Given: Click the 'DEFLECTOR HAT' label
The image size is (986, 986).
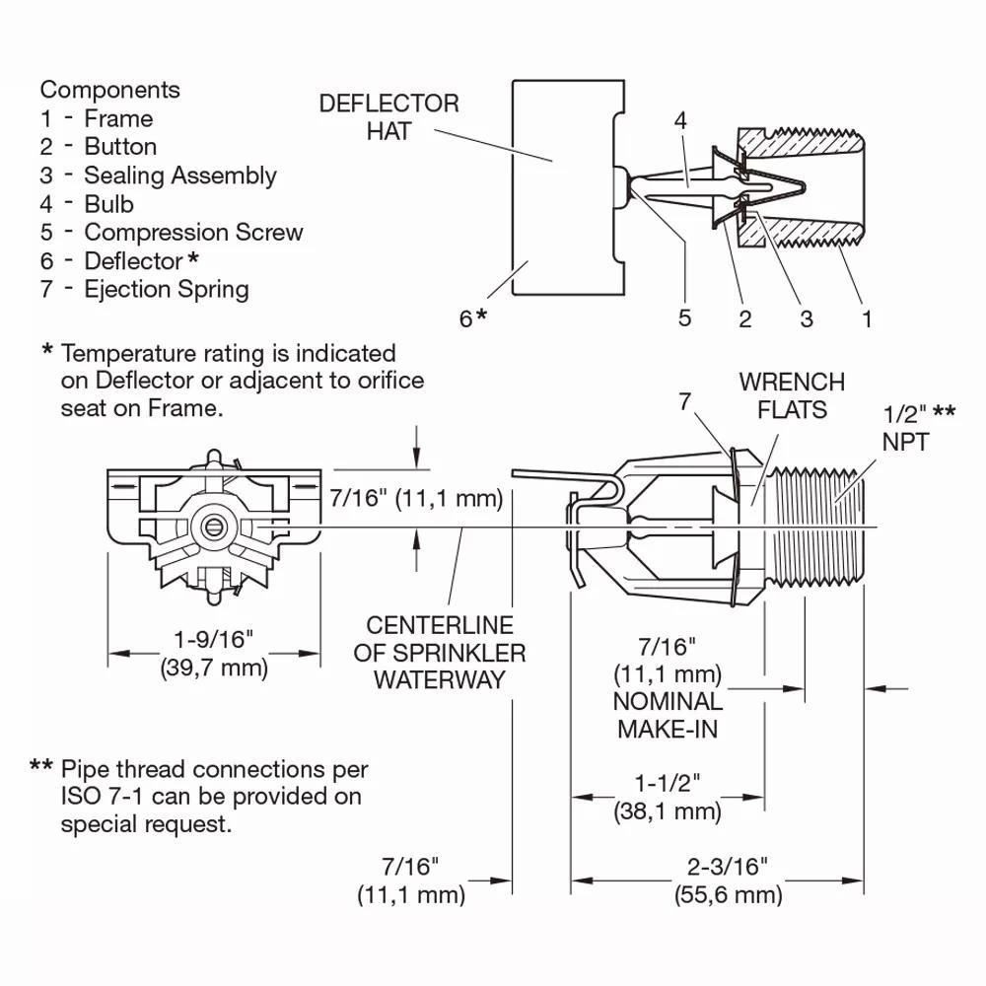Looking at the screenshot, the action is pos(388,117).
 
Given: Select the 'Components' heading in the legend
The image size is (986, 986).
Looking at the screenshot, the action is pos(110,90).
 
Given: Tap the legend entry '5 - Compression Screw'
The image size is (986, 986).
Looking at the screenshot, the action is pos(172,232).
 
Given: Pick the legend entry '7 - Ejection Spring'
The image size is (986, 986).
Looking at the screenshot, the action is pos(145,289).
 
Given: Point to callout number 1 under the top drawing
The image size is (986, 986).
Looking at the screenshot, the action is pos(867,318).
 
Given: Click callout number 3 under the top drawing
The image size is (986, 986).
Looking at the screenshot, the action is pos(807,318).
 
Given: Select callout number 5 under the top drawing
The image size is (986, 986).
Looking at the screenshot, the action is pos(685,317).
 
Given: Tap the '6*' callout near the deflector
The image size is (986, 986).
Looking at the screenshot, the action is pos(473,318).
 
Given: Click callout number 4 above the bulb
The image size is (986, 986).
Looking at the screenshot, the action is pos(680,120).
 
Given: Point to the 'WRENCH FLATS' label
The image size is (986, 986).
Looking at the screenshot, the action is pos(792,395).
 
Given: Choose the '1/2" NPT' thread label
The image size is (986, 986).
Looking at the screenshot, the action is pos(918,428).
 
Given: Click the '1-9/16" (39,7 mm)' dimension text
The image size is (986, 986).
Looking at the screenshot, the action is pos(214,654).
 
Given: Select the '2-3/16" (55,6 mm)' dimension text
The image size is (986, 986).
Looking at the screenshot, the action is pos(729,880).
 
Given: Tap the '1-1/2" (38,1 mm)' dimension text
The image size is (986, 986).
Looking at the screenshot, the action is pos(668,798).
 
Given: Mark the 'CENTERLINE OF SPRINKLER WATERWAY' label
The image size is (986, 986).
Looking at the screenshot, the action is pos(440,653).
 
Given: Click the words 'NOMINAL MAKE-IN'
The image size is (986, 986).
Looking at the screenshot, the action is pos(668,715).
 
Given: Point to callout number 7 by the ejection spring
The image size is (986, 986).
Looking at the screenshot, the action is pos(685,401).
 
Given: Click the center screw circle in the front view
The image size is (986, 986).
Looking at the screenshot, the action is pos(214,527).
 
